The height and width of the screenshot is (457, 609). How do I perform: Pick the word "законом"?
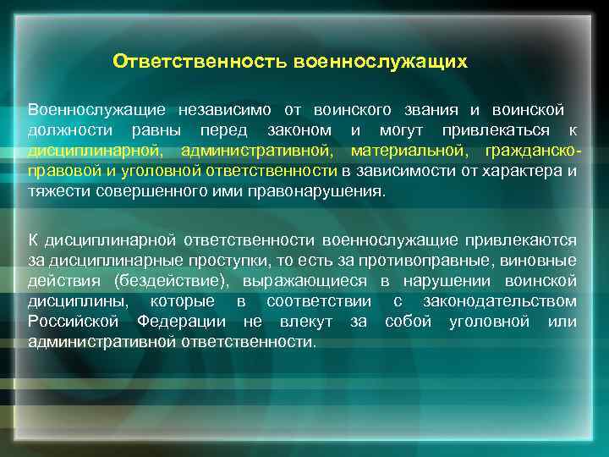tap(296, 131)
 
